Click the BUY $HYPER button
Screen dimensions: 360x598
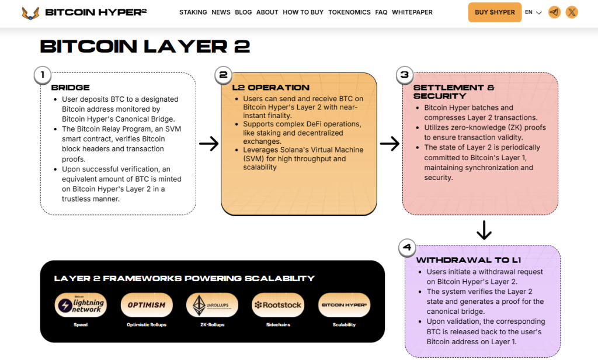pyautogui.click(x=495, y=12)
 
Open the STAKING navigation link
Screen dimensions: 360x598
pyautogui.click(x=193, y=12)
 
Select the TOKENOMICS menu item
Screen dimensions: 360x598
pyautogui.click(x=349, y=12)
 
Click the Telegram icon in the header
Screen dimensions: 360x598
pyautogui.click(x=554, y=12)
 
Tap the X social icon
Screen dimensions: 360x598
pyautogui.click(x=572, y=12)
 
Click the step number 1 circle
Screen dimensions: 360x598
pyautogui.click(x=43, y=75)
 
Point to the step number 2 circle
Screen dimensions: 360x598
pyautogui.click(x=223, y=75)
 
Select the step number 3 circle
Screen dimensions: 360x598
pyautogui.click(x=404, y=75)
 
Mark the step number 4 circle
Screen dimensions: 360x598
pyautogui.click(x=407, y=248)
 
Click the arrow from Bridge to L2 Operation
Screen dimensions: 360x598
pyautogui.click(x=208, y=144)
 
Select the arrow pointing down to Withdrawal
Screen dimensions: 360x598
pyautogui.click(x=484, y=230)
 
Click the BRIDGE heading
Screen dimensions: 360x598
pyautogui.click(x=70, y=88)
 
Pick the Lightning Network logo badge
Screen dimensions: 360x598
pyautogui.click(x=81, y=305)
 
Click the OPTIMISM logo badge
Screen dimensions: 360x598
pyautogui.click(x=147, y=305)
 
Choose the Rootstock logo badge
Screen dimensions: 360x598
pyautogui.click(x=278, y=305)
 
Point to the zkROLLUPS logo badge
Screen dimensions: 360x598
pyautogui.click(x=212, y=305)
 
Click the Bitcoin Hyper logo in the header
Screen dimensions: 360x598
pyautogui.click(x=84, y=12)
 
